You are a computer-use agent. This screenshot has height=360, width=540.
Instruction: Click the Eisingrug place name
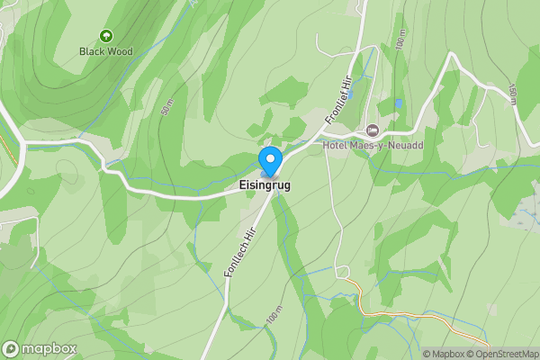[265, 186]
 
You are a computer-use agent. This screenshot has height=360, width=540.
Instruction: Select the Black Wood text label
[106, 51]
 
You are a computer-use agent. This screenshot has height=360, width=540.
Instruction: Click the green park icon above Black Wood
[106, 36]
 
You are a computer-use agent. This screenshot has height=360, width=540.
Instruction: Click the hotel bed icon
[373, 131]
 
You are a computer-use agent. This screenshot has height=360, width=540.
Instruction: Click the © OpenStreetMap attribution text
[509, 354]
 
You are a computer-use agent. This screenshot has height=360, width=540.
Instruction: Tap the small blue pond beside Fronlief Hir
[351, 94]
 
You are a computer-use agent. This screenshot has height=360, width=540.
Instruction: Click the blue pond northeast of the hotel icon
[399, 104]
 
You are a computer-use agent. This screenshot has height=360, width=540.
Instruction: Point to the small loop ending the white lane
[342, 271]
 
